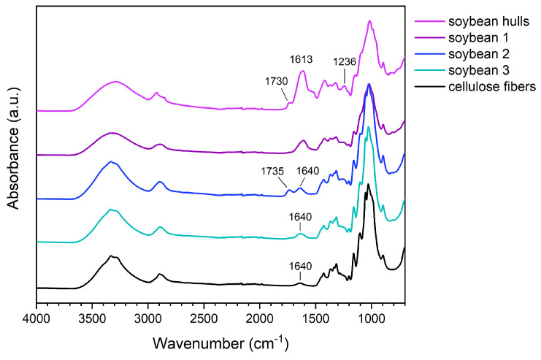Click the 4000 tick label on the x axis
coord(36,319)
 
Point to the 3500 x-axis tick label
coord(92,319)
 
